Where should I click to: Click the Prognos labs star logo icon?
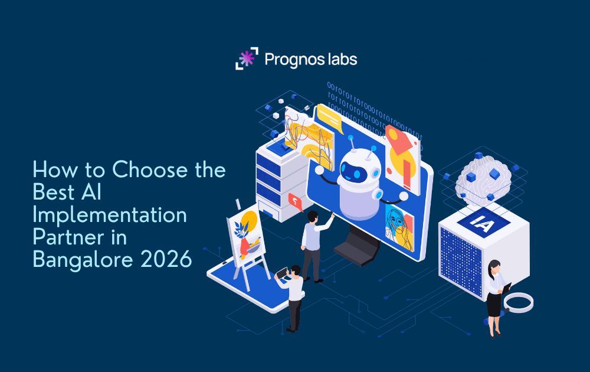point(247,58)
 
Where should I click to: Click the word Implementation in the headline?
point(109,214)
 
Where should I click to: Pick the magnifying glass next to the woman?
point(519,303)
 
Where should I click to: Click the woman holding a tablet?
point(494,295)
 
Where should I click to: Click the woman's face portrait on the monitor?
point(399,221)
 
